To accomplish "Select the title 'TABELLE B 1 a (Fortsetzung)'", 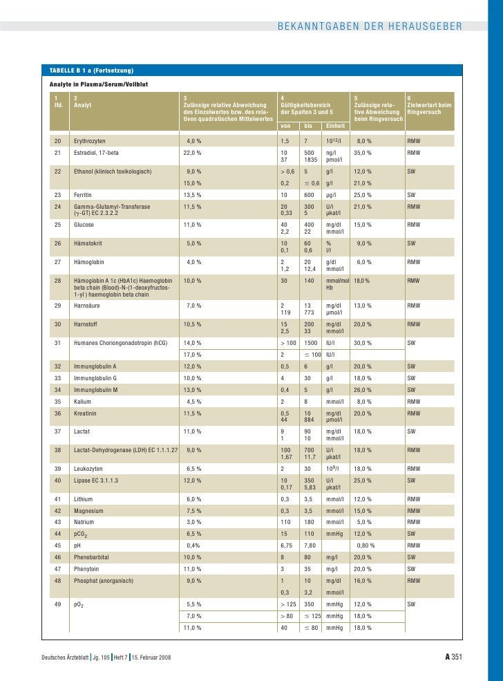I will (92, 71).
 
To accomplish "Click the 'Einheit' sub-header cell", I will (336, 126).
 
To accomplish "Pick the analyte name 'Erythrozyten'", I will (90, 141).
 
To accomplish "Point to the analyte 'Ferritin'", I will (84, 195).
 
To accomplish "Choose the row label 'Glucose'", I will (84, 225).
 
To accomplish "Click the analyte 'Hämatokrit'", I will (88, 243).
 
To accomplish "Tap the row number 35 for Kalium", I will (57, 401).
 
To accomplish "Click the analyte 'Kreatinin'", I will (86, 413).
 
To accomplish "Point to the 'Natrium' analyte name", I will (85, 521).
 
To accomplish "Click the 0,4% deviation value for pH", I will (193, 545).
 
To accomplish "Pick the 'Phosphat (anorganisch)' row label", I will (103, 580).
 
